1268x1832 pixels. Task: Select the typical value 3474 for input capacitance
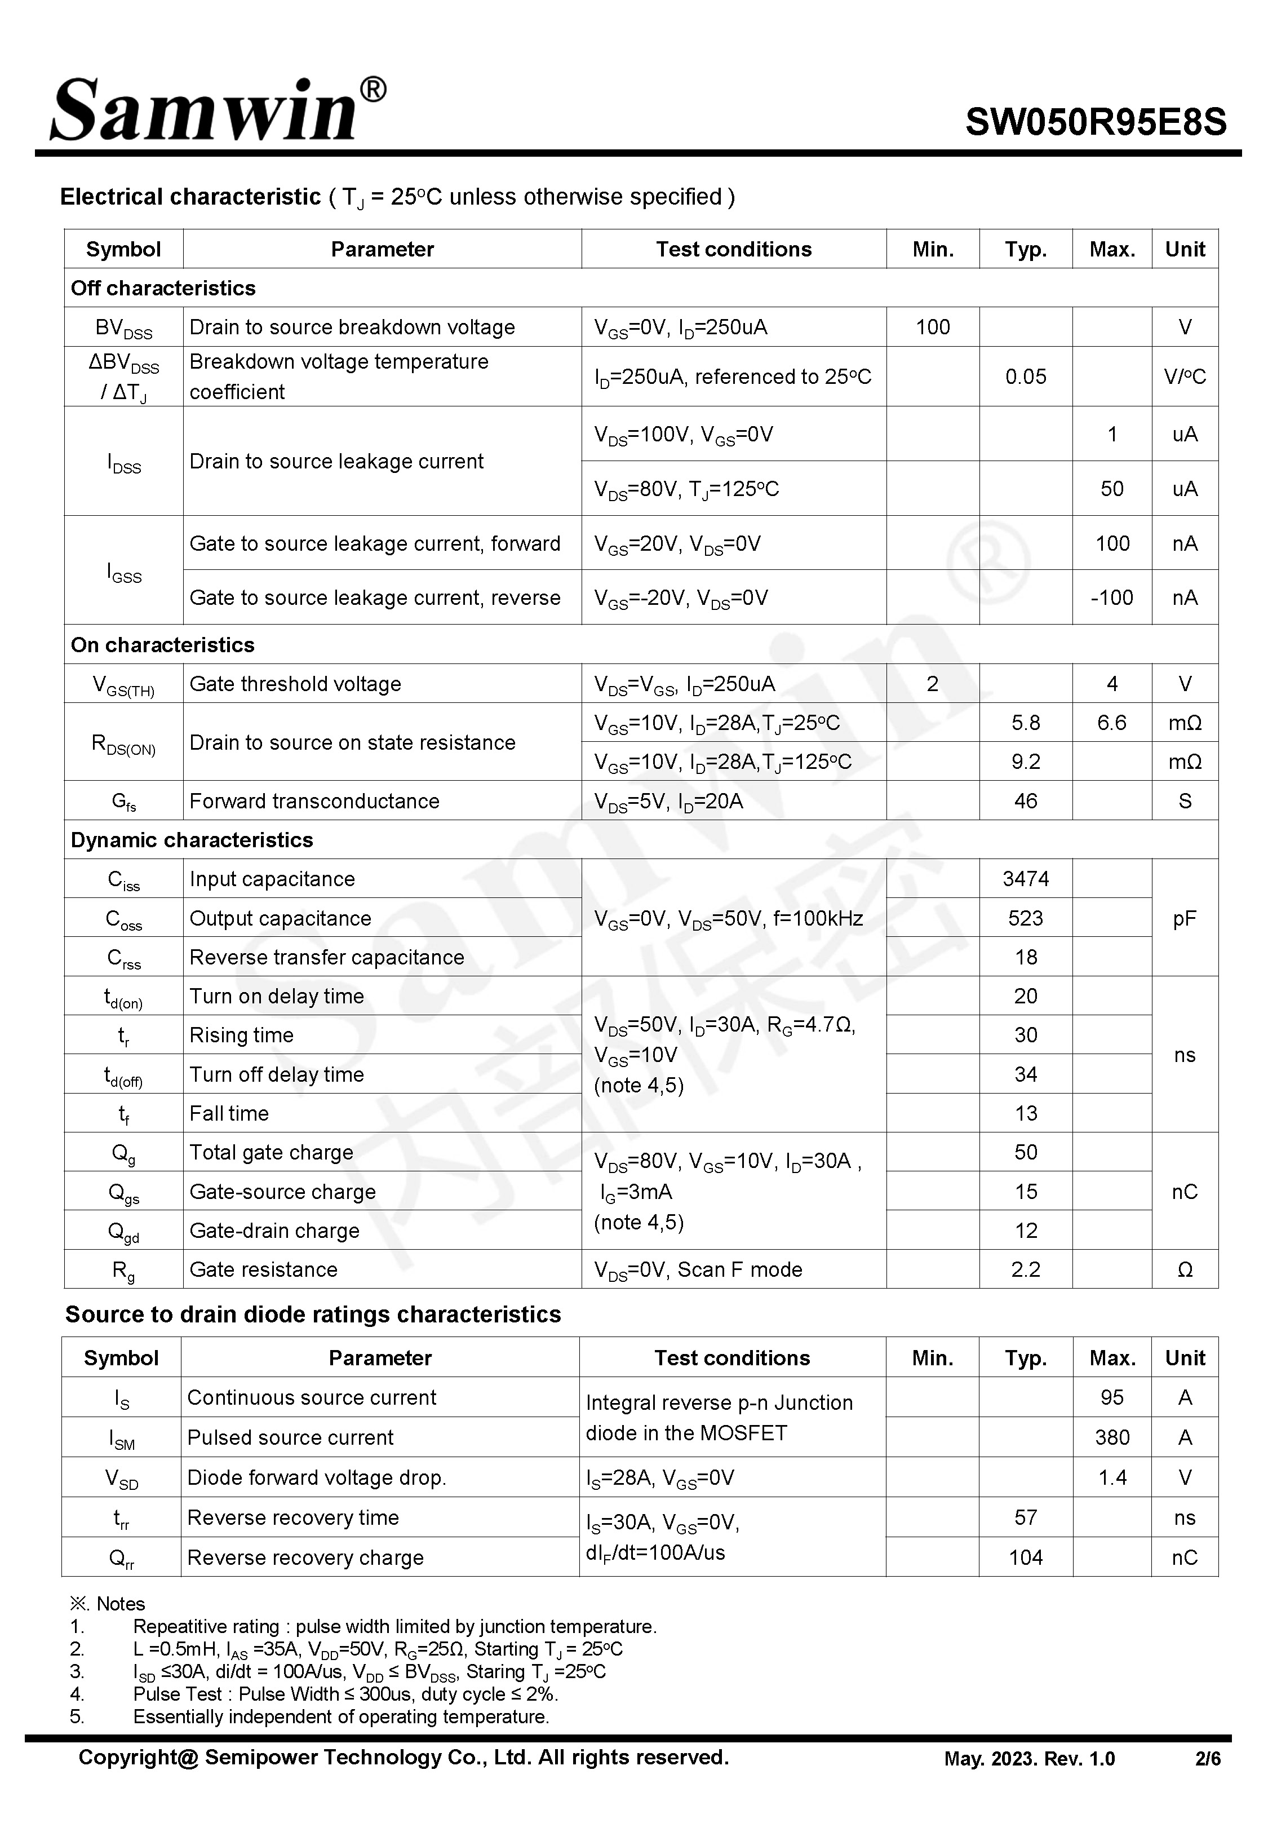click(x=1025, y=879)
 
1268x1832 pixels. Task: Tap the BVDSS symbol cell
click(x=124, y=328)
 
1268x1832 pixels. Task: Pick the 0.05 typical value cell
click(x=1025, y=377)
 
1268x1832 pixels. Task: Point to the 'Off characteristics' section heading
click(x=163, y=289)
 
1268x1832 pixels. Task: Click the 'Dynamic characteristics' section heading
click(x=192, y=840)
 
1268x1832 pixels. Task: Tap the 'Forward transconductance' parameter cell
click(x=314, y=801)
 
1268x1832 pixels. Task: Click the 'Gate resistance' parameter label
click(x=263, y=1269)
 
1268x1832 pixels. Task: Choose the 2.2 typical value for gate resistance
click(x=1025, y=1269)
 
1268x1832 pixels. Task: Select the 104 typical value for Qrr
click(x=1025, y=1557)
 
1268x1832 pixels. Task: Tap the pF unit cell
click(x=1184, y=918)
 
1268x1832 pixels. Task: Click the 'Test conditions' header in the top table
click(x=733, y=250)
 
